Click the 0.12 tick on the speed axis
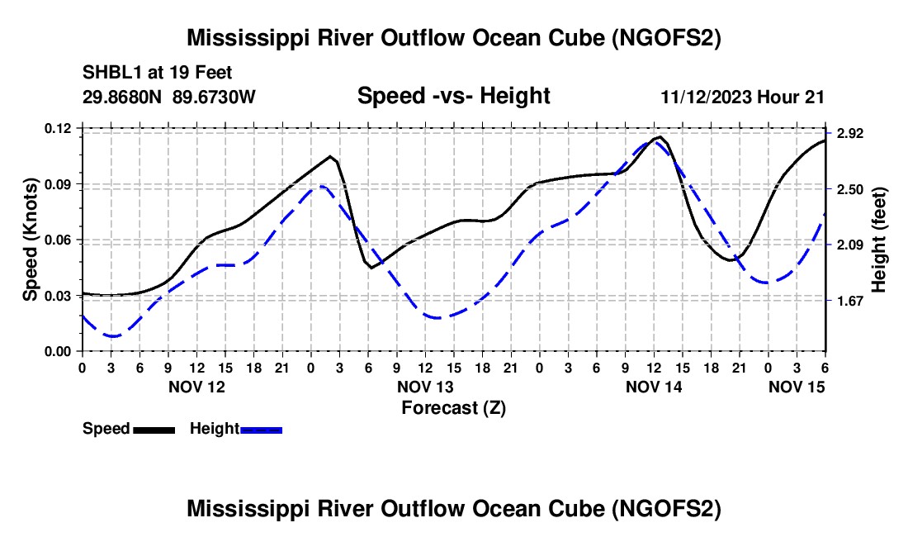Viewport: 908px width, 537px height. [59, 128]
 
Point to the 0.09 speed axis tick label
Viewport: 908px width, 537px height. [59, 184]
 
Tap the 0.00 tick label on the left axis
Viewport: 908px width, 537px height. [59, 352]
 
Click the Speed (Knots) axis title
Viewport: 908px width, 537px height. [30, 240]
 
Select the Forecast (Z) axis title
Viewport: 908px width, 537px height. [452, 407]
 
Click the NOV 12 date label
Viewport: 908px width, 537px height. [196, 387]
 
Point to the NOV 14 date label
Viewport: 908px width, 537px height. [653, 387]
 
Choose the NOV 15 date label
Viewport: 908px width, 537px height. [797, 387]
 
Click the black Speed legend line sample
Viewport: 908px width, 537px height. [154, 430]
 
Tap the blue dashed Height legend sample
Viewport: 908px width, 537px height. [262, 430]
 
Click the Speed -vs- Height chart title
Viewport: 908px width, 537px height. [453, 96]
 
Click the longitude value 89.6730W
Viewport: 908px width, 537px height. [215, 97]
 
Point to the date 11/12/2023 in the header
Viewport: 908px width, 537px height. [706, 97]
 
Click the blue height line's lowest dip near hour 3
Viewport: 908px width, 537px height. [111, 336]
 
